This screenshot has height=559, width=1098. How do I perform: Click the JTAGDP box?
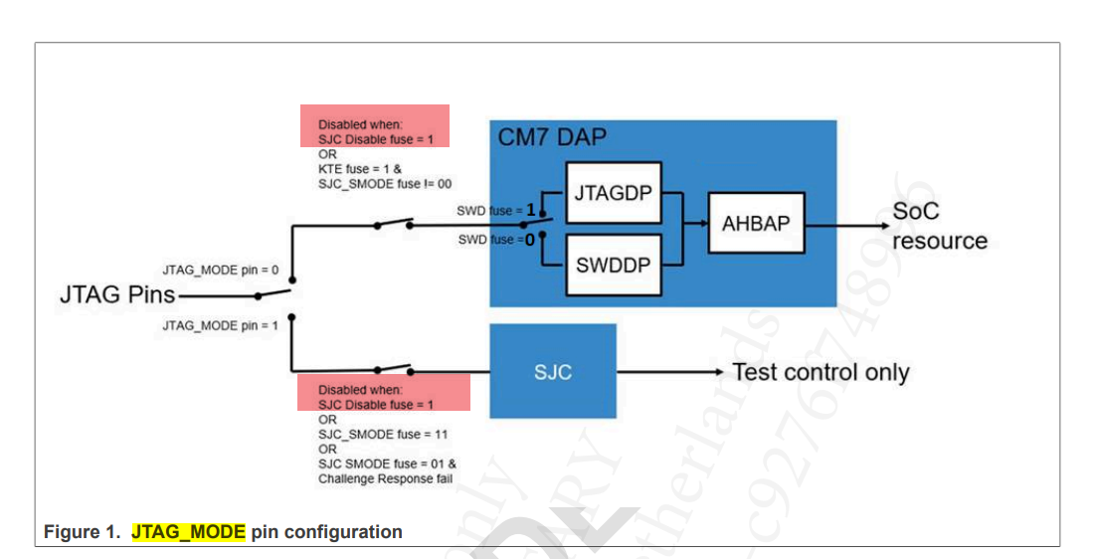coord(613,192)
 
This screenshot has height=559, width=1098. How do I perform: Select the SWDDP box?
coord(613,265)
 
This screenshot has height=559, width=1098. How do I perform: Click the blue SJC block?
coord(553,372)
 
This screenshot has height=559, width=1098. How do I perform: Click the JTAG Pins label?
coord(117,294)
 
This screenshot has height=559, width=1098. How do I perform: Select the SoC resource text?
coord(939,226)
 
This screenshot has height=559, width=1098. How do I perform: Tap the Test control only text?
coord(821,372)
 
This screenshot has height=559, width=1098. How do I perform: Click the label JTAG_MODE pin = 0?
coord(221,270)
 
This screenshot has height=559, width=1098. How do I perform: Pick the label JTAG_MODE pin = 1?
coord(221,325)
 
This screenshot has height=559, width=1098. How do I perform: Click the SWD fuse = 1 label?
coord(495,211)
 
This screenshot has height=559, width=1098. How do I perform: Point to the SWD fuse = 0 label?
coord(495,240)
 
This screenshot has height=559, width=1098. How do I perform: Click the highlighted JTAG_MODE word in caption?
coord(188,532)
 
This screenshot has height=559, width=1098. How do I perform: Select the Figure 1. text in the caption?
coord(84,532)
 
